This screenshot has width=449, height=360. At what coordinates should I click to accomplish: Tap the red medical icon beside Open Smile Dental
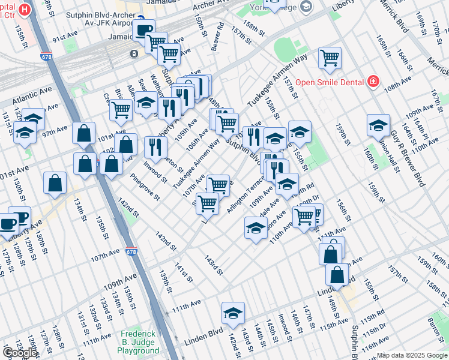[373, 81]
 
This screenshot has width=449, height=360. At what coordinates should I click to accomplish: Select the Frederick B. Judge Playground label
[139, 341]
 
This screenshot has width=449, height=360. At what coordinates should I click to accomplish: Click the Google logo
[20, 353]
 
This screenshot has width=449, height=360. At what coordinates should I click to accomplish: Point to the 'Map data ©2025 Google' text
[412, 355]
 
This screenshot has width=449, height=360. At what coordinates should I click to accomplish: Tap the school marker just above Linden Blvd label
[233, 313]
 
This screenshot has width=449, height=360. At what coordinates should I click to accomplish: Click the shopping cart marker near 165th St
[330, 58]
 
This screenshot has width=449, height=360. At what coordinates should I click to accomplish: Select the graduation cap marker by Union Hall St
[378, 125]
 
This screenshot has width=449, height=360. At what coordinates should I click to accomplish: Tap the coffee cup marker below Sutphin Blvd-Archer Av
[143, 30]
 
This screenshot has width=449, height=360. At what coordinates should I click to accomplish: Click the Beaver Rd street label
[220, 36]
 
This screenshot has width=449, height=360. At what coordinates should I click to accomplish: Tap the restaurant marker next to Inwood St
[155, 147]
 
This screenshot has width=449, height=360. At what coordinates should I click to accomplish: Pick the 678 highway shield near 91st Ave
[46, 56]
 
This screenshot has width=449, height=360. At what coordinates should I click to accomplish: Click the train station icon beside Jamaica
[133, 53]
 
